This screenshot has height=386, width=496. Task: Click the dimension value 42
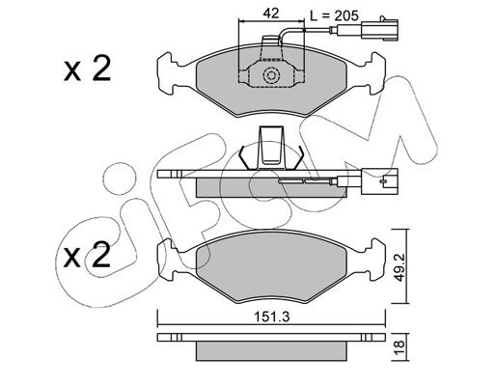click(271, 14)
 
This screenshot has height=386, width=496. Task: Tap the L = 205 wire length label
click(334, 15)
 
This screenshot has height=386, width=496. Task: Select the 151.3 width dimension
click(272, 317)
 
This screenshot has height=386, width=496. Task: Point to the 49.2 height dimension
click(400, 266)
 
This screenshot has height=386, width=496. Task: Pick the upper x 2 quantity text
click(87, 69)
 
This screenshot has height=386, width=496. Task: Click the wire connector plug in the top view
click(379, 30)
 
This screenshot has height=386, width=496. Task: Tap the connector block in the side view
click(379, 181)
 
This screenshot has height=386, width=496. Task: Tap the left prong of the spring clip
click(244, 157)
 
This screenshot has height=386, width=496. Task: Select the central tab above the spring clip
click(271, 148)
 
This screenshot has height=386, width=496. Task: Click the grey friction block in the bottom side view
click(271, 351)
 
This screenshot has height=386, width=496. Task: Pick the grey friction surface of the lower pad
click(271, 268)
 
